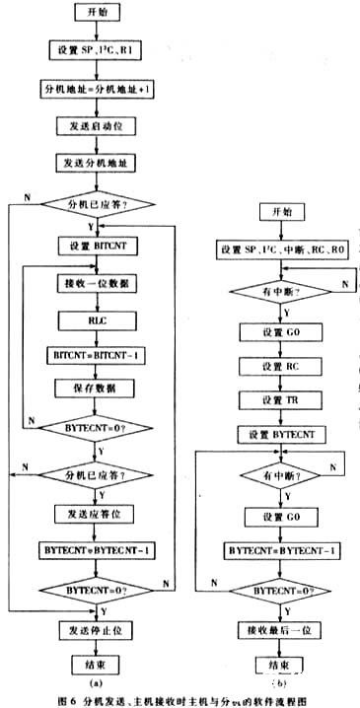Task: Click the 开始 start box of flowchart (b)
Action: coord(277,212)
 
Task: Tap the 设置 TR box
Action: coord(277,398)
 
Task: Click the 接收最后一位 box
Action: coord(277,627)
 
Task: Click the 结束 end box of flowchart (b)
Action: coord(277,663)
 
